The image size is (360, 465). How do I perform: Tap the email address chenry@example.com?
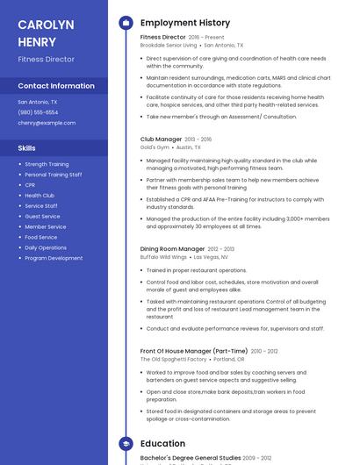[x=47, y=123]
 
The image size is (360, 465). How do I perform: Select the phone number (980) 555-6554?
[x=38, y=112]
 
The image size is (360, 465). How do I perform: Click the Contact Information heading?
[x=56, y=86]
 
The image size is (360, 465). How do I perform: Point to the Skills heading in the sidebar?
[x=27, y=148]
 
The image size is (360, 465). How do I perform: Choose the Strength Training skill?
[x=47, y=164]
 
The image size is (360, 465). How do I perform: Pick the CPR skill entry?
[x=30, y=185]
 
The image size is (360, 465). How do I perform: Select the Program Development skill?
[x=54, y=258]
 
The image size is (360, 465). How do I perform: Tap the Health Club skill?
[x=40, y=196]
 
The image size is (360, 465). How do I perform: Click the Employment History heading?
[x=185, y=23]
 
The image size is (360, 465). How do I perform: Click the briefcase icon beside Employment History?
[x=126, y=23]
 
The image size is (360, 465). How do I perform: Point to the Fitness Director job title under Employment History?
[x=162, y=38]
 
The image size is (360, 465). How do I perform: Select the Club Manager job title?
[x=161, y=139]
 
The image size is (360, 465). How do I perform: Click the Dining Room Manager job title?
[x=172, y=249]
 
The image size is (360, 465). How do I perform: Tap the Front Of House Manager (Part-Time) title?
[x=194, y=351]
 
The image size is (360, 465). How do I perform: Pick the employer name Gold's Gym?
[x=154, y=147]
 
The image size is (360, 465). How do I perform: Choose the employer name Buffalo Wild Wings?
[x=163, y=257]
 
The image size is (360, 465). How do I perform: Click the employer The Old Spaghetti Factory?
[x=173, y=359]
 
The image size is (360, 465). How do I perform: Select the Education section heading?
[x=162, y=444]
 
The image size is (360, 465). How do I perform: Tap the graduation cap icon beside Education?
[x=126, y=444]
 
